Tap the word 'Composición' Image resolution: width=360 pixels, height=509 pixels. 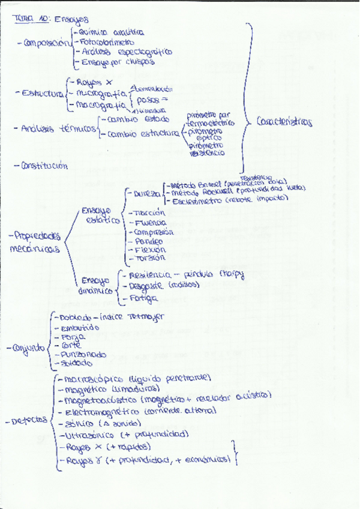click(x=44, y=43)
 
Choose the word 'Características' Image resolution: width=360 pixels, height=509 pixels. click(x=284, y=121)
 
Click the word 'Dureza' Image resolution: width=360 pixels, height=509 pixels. click(x=147, y=194)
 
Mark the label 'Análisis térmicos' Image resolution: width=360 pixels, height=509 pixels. click(x=58, y=128)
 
